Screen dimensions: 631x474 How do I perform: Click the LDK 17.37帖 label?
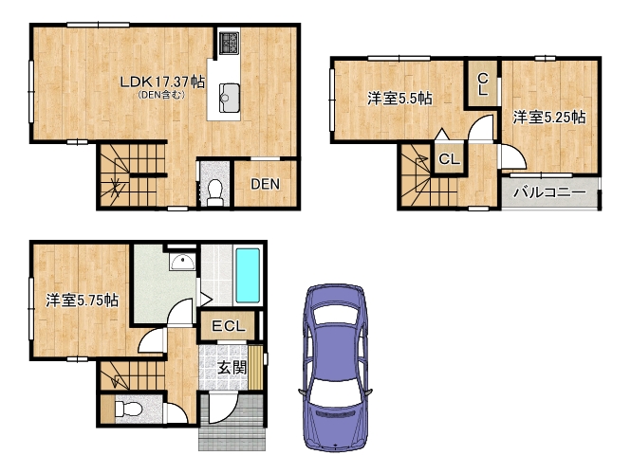162,82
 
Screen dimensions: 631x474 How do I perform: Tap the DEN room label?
265,184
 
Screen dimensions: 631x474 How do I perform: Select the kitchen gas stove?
229,43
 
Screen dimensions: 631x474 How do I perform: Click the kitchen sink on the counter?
230,98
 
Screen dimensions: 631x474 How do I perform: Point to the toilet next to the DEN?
214,192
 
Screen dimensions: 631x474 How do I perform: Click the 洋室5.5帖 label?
399,98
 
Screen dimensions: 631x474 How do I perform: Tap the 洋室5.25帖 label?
548,118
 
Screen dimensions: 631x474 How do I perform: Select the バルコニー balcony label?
549,193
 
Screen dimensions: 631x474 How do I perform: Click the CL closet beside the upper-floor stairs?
449,159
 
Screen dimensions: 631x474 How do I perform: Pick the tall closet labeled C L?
483,84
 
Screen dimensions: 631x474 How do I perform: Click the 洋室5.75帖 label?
82,300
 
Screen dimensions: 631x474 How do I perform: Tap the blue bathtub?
248,276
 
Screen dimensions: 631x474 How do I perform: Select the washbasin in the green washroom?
182,262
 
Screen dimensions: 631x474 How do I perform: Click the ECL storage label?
228,326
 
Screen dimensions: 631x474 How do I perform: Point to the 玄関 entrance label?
232,368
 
